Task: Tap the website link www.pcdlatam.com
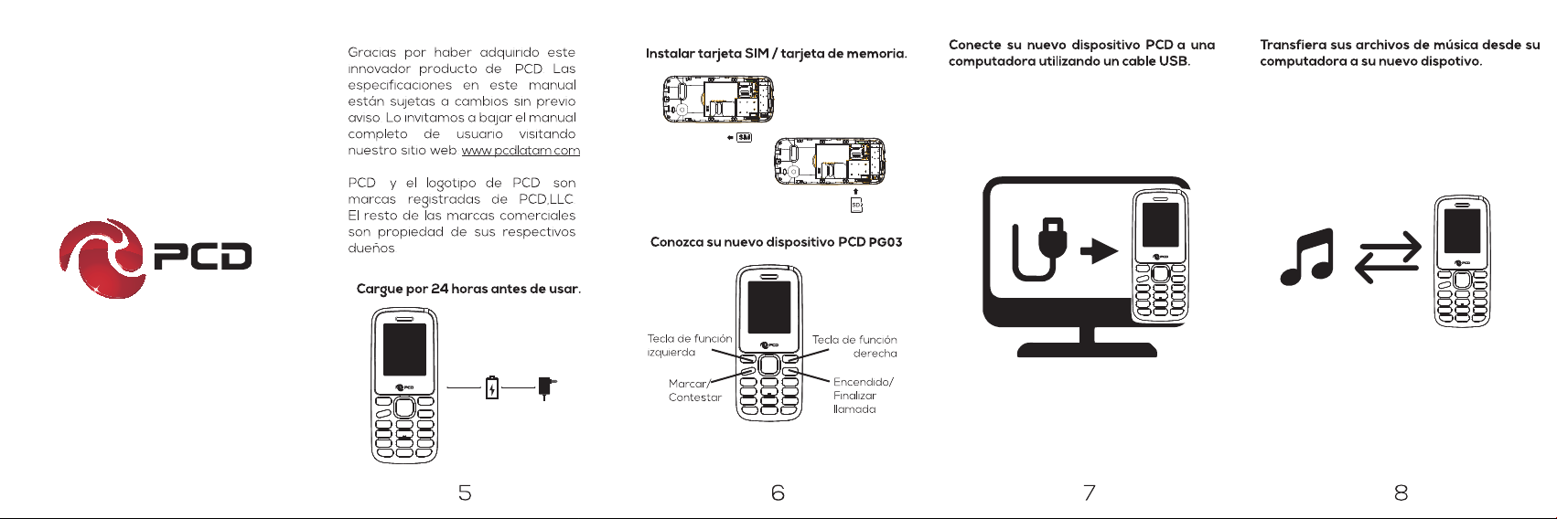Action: pyautogui.click(x=521, y=151)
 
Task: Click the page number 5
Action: pyautogui.click(x=465, y=493)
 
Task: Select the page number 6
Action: pyautogui.click(x=778, y=493)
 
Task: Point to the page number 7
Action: pyautogui.click(x=1089, y=493)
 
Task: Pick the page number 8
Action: pyautogui.click(x=1401, y=493)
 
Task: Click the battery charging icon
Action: pyautogui.click(x=492, y=388)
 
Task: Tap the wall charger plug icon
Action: pyautogui.click(x=546, y=387)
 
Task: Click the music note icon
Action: pyautogui.click(x=1307, y=257)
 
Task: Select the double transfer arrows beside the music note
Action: pyautogui.click(x=1388, y=258)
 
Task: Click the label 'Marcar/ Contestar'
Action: pyautogui.click(x=694, y=390)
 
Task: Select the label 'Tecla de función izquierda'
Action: pyautogui.click(x=689, y=345)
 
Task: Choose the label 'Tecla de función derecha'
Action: pyautogui.click(x=855, y=346)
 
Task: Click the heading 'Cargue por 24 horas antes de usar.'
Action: pyautogui.click(x=468, y=290)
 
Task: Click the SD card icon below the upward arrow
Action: pyautogui.click(x=856, y=206)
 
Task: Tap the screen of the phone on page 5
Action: pyautogui.click(x=404, y=350)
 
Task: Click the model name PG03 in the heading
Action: pyautogui.click(x=885, y=242)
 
